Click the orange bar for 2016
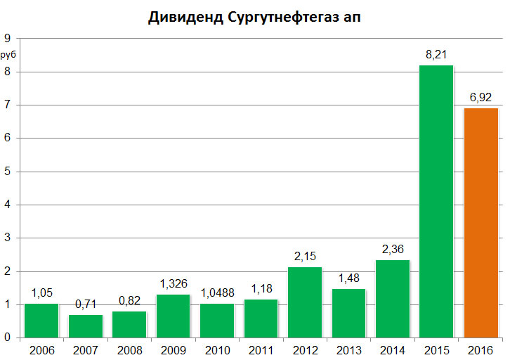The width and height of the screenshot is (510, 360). click(x=480, y=223)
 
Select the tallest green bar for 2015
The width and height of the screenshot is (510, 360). click(x=436, y=202)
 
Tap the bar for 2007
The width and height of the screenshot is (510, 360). click(x=86, y=326)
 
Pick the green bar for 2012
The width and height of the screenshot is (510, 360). click(x=305, y=302)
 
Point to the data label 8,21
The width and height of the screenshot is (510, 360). click(x=437, y=55)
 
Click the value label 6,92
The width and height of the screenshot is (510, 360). click(x=480, y=97)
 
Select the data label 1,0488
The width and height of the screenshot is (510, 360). click(x=217, y=293)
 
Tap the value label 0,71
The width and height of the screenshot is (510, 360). click(x=86, y=304)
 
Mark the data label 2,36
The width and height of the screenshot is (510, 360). click(x=393, y=249)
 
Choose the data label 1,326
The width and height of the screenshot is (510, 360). click(x=174, y=283)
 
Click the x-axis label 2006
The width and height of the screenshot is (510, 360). click(x=41, y=349)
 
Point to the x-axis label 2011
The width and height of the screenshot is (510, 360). click(x=261, y=349)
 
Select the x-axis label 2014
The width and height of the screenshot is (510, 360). click(x=393, y=349)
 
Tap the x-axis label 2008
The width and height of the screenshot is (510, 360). click(x=129, y=349)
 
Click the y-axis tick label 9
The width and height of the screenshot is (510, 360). click(x=8, y=39)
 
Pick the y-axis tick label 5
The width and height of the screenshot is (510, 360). click(x=8, y=172)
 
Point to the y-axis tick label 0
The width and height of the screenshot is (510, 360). click(x=8, y=338)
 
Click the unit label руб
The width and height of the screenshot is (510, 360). click(x=9, y=54)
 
